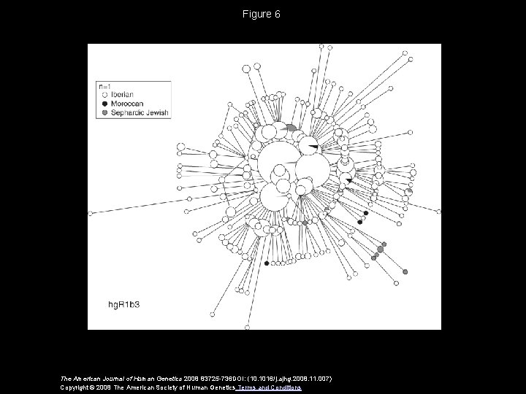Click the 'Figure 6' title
(x=263, y=14)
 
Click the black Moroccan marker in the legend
(x=105, y=104)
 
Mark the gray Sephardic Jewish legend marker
(x=105, y=113)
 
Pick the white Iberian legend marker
(x=105, y=95)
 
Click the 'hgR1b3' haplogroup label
(x=129, y=301)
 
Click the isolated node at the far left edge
(x=91, y=214)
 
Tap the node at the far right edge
(x=439, y=212)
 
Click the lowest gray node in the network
(x=405, y=272)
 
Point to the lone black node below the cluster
(x=266, y=263)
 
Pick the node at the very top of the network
(x=322, y=46)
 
